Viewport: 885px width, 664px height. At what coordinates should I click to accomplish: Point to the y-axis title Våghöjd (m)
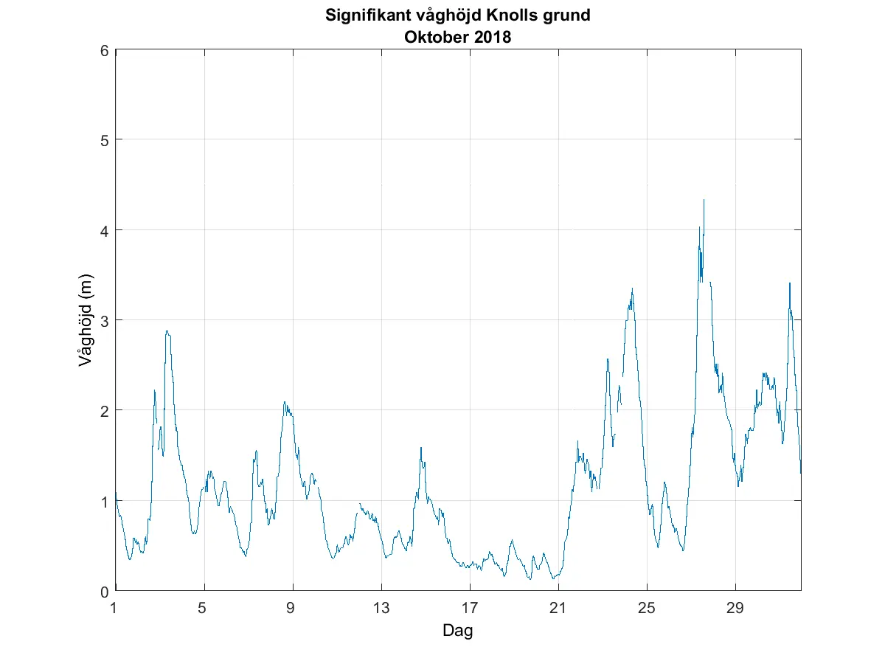pyautogui.click(x=86, y=320)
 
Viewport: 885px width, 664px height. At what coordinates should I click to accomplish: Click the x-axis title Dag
pyautogui.click(x=457, y=631)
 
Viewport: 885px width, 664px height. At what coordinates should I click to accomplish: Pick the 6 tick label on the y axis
pyautogui.click(x=104, y=50)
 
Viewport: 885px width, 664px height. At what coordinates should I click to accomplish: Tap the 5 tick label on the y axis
pyautogui.click(x=104, y=140)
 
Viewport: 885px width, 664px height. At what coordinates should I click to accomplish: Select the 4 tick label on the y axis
pyautogui.click(x=104, y=230)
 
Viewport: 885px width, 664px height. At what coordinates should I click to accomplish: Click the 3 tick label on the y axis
pyautogui.click(x=104, y=320)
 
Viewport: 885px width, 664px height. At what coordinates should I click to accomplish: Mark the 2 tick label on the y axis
pyautogui.click(x=104, y=410)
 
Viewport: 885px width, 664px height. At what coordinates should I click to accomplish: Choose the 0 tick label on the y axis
pyautogui.click(x=104, y=590)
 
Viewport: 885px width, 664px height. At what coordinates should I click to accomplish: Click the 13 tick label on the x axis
pyautogui.click(x=381, y=609)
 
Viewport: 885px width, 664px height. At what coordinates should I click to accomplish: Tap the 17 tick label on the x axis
pyautogui.click(x=470, y=609)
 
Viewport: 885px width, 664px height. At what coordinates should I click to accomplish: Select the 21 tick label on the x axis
pyautogui.click(x=558, y=609)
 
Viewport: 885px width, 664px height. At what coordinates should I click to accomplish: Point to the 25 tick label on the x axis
pyautogui.click(x=647, y=609)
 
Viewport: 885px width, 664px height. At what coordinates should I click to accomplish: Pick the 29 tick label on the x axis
pyautogui.click(x=735, y=609)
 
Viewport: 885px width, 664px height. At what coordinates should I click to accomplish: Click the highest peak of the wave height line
pyautogui.click(x=704, y=200)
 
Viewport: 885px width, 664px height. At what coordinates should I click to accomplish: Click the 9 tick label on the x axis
pyautogui.click(x=293, y=609)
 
